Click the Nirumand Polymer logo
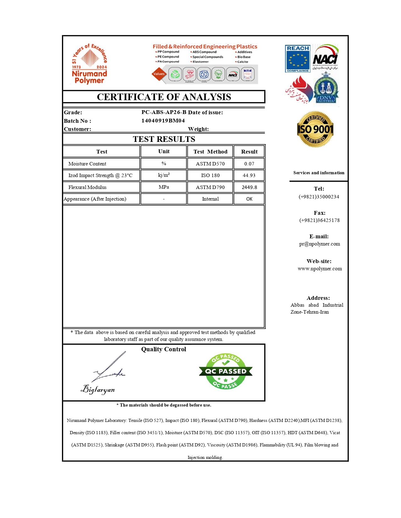(90, 64)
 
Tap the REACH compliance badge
(298, 59)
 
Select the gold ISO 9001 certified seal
(315, 129)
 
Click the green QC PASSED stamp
(226, 371)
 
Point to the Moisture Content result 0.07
(249, 164)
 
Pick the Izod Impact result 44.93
(249, 175)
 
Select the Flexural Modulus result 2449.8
(249, 187)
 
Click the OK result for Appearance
(249, 199)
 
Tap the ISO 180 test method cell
(210, 175)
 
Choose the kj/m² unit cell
(164, 175)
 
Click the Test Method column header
(210, 152)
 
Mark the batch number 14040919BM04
(163, 121)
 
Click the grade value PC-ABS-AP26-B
(164, 112)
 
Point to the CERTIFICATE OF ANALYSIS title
(164, 97)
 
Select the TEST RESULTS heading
(164, 139)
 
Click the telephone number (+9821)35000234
(319, 197)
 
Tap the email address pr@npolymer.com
(319, 244)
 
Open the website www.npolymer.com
(320, 269)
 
